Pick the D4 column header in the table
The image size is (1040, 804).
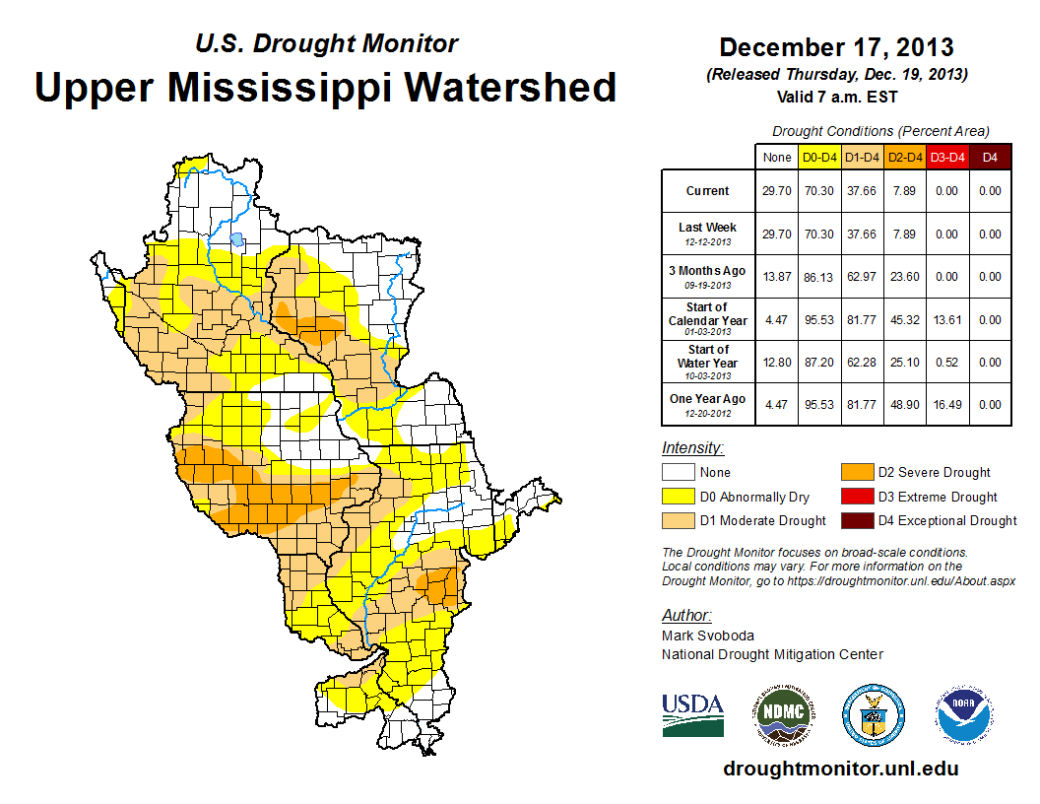(x=990, y=157)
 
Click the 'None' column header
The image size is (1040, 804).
(x=776, y=157)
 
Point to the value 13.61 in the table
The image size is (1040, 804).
(x=946, y=320)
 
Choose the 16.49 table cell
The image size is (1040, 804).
(x=946, y=404)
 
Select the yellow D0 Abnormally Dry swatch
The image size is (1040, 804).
(x=678, y=497)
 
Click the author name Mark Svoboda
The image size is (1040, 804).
(x=708, y=636)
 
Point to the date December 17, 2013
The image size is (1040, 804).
(x=836, y=47)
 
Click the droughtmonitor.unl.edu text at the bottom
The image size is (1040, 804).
(x=840, y=769)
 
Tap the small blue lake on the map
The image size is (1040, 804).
(x=235, y=238)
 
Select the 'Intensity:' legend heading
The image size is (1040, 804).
(x=692, y=447)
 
